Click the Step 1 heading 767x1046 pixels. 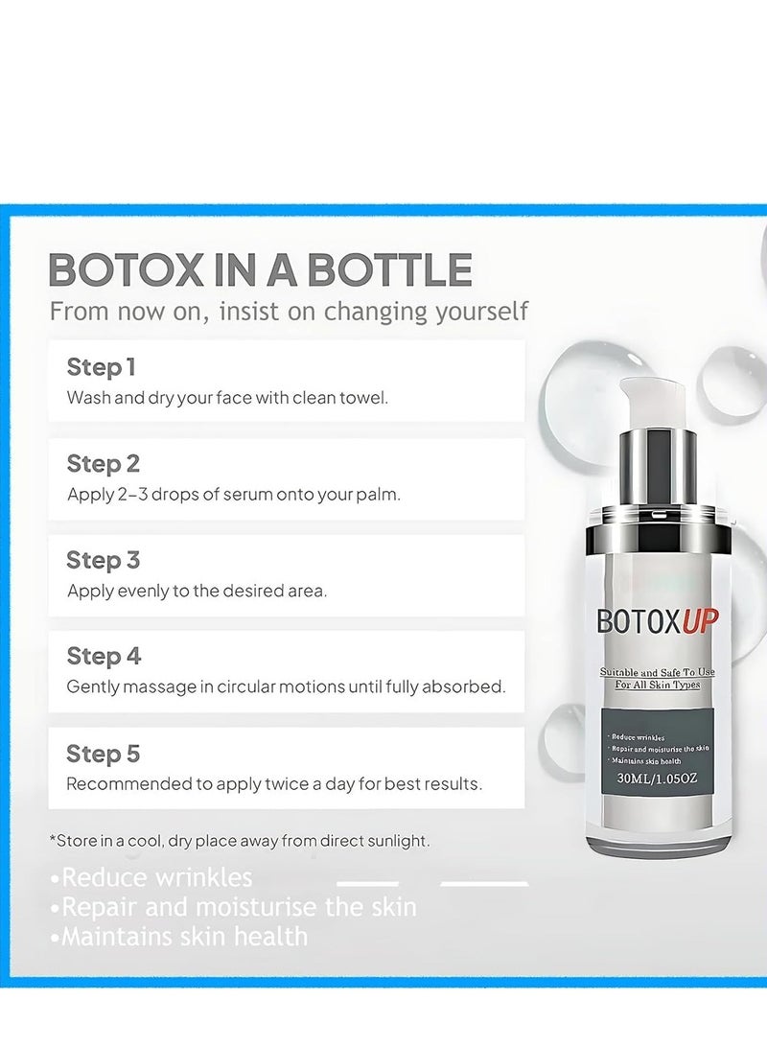pos(101,367)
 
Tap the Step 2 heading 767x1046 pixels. pos(103,464)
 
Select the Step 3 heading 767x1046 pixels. pos(103,560)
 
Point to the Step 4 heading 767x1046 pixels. pos(104,657)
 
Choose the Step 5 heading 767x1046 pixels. pos(103,754)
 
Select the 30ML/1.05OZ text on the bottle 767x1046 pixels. pos(657,778)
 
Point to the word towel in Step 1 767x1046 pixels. pos(364,398)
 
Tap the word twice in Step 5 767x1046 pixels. pos(288,783)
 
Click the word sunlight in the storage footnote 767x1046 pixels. pos(395,841)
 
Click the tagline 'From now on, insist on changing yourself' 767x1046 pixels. pos(289,312)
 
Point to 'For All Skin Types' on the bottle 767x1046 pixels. pos(657,686)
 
